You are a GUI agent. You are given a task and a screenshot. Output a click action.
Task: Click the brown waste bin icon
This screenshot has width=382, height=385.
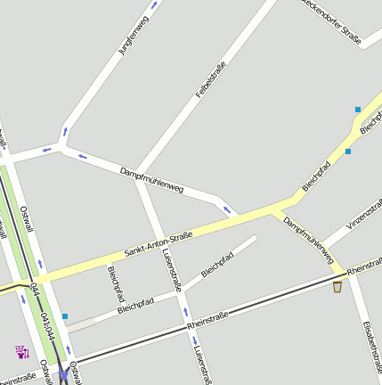[x=337, y=287]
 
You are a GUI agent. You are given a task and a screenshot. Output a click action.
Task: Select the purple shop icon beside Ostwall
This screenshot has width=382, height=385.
[x=22, y=351]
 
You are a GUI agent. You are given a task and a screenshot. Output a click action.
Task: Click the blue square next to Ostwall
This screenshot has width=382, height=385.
[x=65, y=315]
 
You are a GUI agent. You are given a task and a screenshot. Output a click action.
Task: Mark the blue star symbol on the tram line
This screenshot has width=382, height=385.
[x=64, y=377]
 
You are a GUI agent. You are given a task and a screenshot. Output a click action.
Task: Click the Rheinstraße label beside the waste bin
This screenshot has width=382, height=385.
[x=364, y=266]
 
